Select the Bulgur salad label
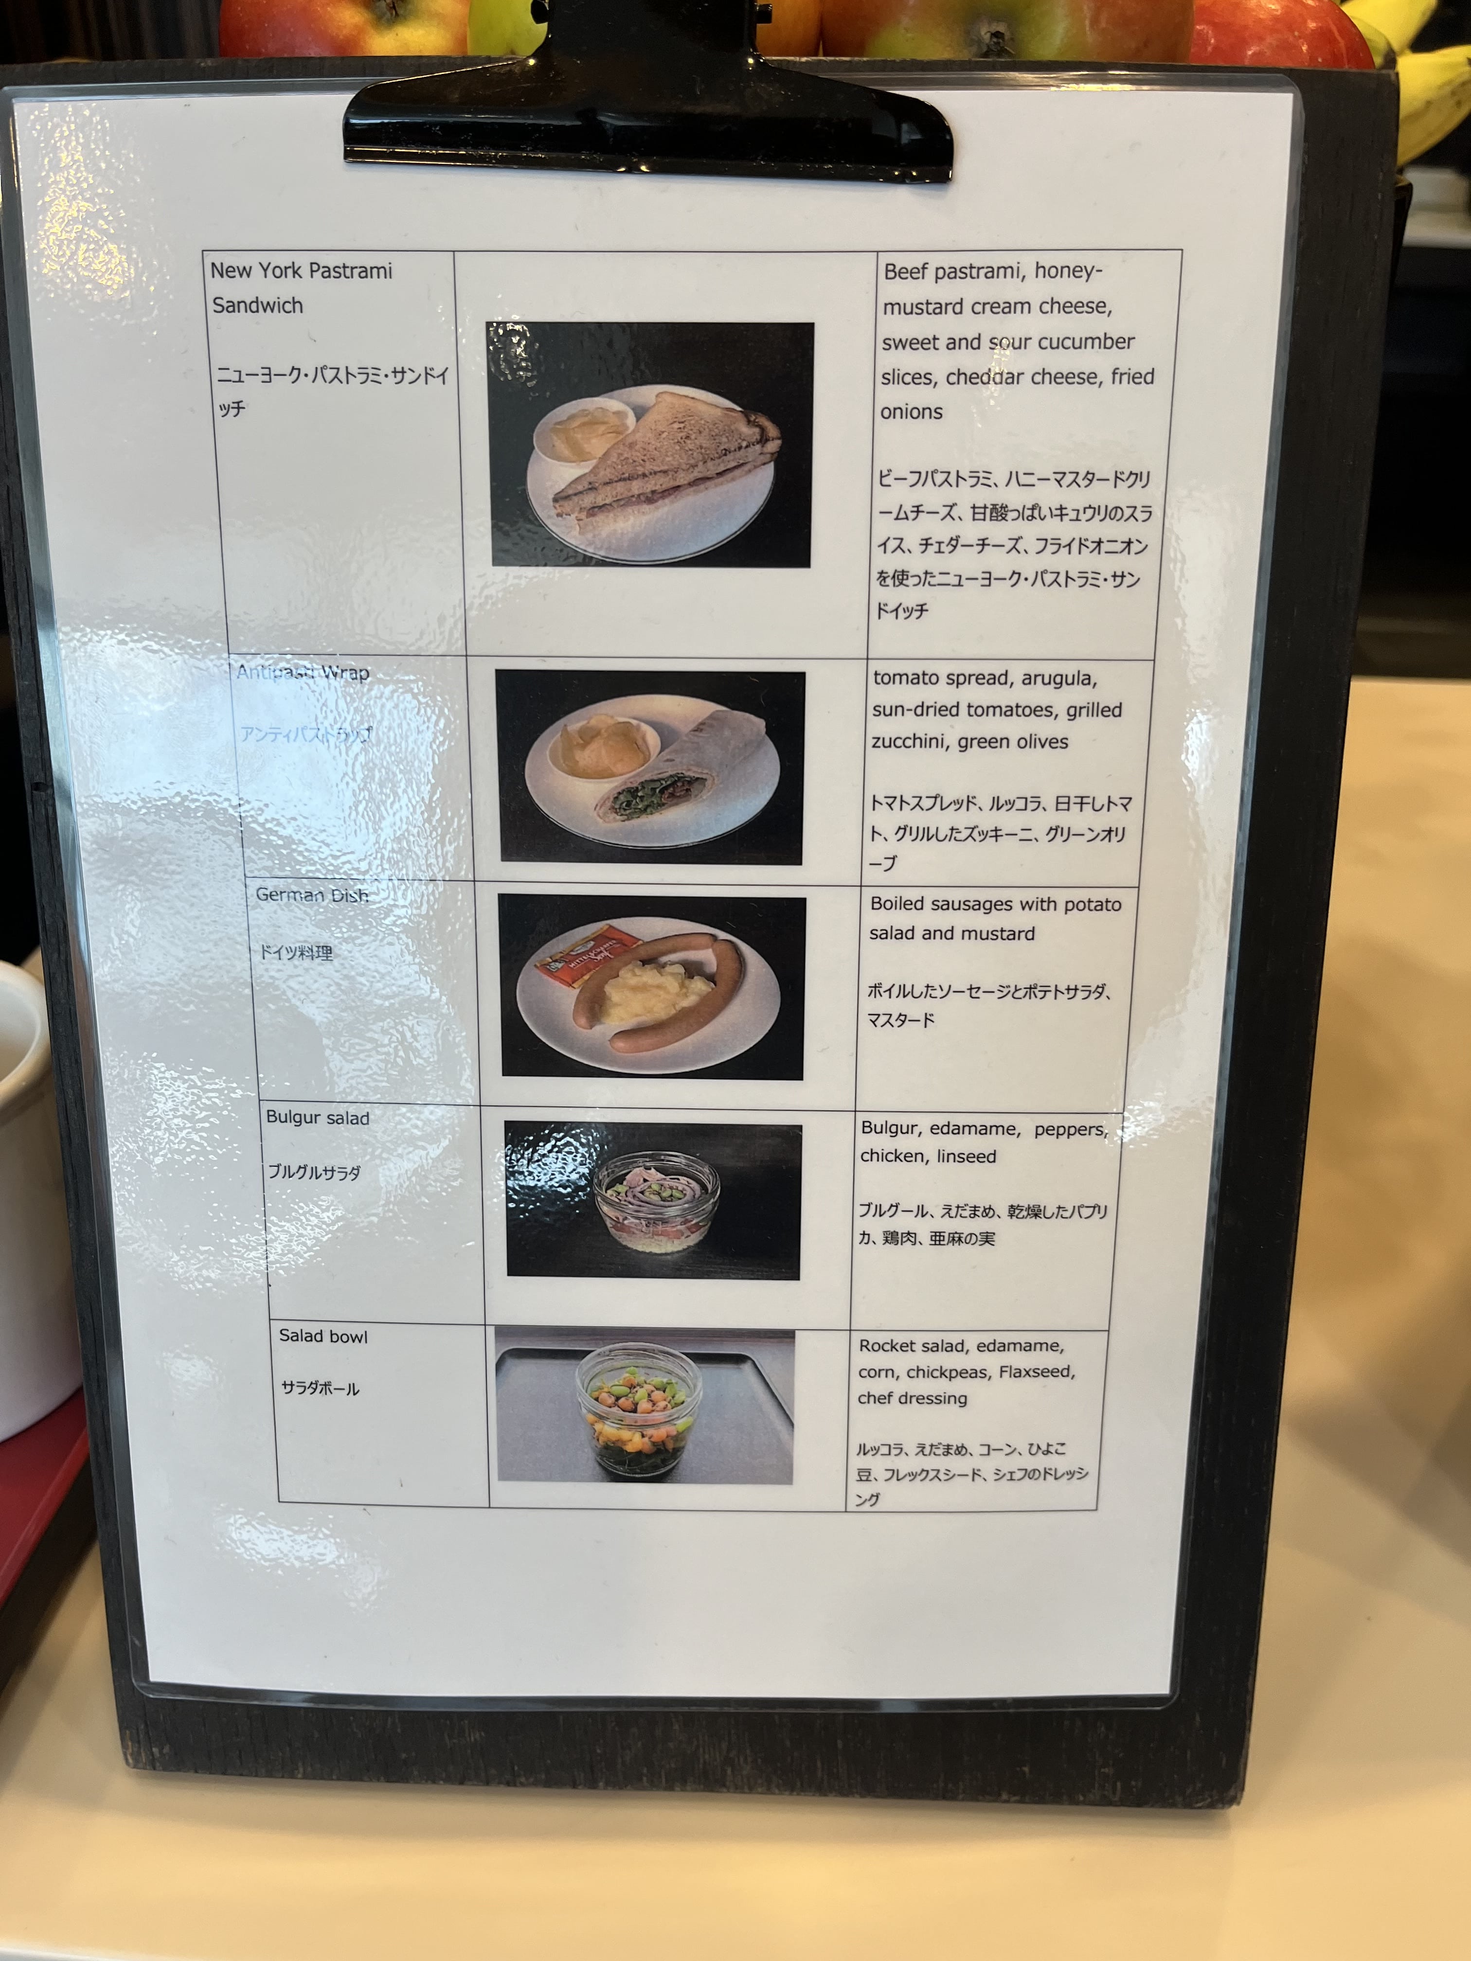tap(318, 1118)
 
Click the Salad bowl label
tap(323, 1336)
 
